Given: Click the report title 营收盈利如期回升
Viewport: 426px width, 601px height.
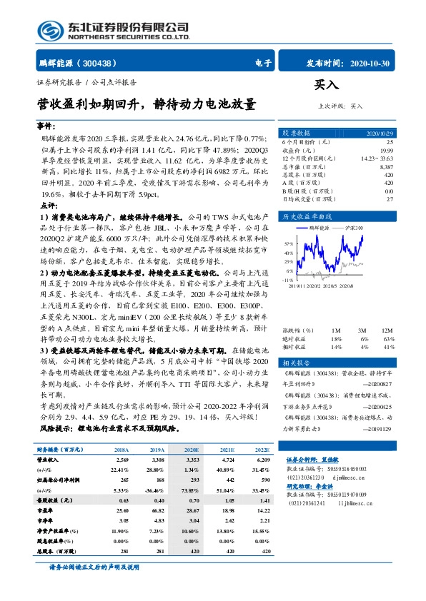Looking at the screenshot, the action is click(89, 104).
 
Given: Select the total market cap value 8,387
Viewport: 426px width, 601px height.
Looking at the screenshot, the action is click(385, 166).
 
